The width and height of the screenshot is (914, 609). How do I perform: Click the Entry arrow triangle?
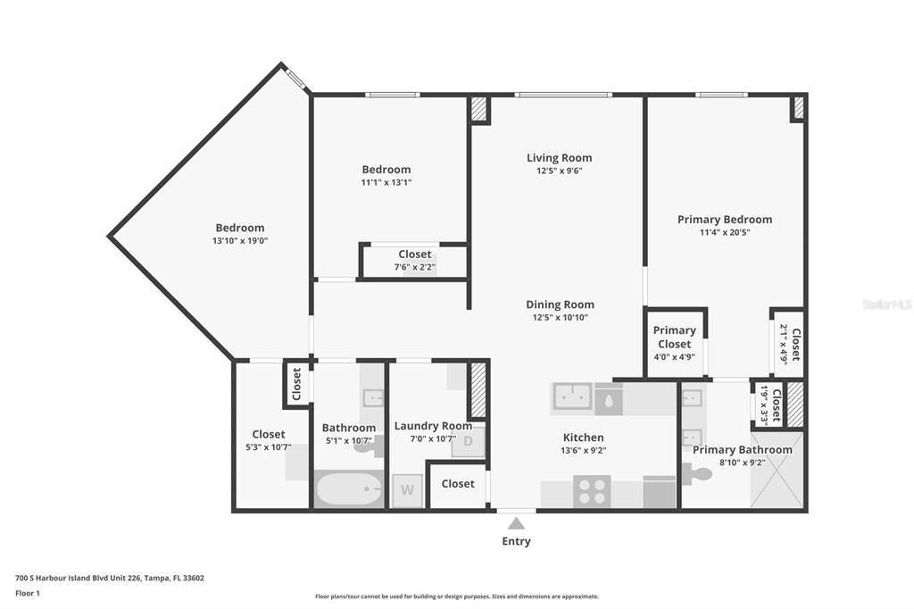[x=516, y=523]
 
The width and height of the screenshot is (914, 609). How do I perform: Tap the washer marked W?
[x=407, y=490]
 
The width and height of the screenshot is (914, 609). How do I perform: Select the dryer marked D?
[x=468, y=442]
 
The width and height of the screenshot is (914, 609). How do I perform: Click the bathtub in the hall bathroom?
[x=349, y=488]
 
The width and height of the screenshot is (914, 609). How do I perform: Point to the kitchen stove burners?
[x=592, y=490]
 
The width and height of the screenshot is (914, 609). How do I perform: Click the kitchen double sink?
[x=572, y=396]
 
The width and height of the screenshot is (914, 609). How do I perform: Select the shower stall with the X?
[x=777, y=471]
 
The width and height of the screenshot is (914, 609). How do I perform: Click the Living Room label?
[x=559, y=157]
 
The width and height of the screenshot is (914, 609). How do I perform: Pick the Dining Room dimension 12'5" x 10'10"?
[x=561, y=317]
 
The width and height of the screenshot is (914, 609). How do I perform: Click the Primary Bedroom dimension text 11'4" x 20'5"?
[x=725, y=232]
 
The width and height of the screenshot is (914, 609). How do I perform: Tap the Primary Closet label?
[x=675, y=338]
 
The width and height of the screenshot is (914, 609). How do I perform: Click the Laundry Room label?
[x=433, y=426]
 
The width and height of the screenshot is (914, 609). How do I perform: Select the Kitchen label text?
[x=584, y=438]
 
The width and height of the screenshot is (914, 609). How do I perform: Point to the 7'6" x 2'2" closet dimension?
[x=415, y=267]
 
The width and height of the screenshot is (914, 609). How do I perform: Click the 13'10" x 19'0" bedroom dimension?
[x=240, y=240]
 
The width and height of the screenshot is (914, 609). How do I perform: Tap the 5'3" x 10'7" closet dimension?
[x=269, y=447]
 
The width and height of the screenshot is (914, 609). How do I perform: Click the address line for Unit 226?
[x=110, y=578]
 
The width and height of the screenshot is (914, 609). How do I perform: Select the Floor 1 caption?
[x=28, y=593]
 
